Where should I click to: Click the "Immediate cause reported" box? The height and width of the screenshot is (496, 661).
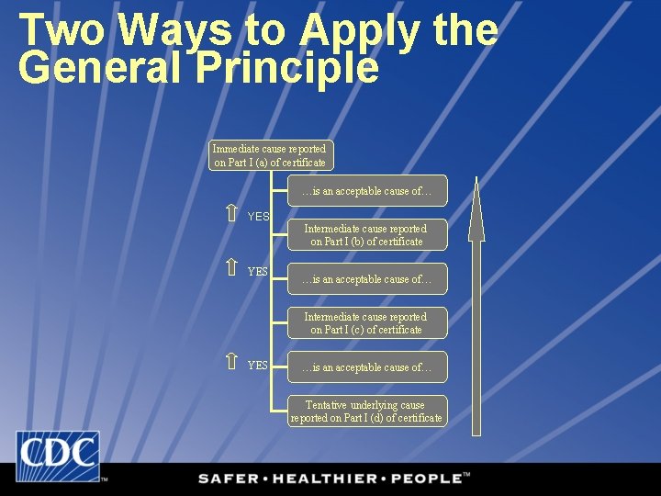[270, 155]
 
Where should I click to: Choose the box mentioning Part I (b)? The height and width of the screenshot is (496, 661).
[366, 235]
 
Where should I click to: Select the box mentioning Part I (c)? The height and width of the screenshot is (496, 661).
[366, 323]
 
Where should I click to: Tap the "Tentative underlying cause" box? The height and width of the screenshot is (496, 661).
[366, 411]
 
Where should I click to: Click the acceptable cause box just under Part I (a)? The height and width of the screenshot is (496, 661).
[366, 191]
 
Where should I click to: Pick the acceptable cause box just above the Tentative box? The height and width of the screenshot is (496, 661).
[366, 367]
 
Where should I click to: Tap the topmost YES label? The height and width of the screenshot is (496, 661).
[259, 217]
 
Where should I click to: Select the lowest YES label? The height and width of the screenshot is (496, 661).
[259, 366]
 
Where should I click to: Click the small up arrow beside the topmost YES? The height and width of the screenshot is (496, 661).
[232, 213]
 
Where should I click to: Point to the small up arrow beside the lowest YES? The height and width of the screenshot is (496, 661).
[232, 362]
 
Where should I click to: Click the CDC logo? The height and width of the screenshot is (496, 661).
[57, 457]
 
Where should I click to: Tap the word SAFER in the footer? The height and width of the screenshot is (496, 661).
[230, 479]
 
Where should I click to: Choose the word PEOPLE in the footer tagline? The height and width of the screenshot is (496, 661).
[423, 479]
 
